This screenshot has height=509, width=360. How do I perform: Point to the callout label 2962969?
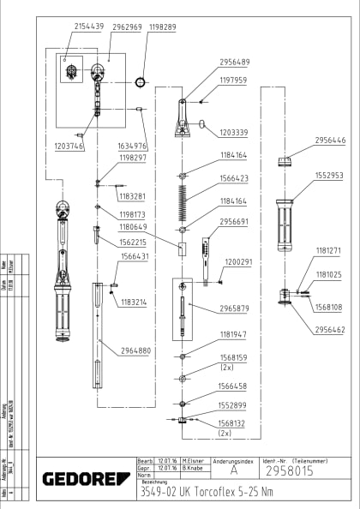(127, 27)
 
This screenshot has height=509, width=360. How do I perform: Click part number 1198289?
(163, 27)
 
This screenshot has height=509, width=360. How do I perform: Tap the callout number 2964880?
(136, 350)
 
